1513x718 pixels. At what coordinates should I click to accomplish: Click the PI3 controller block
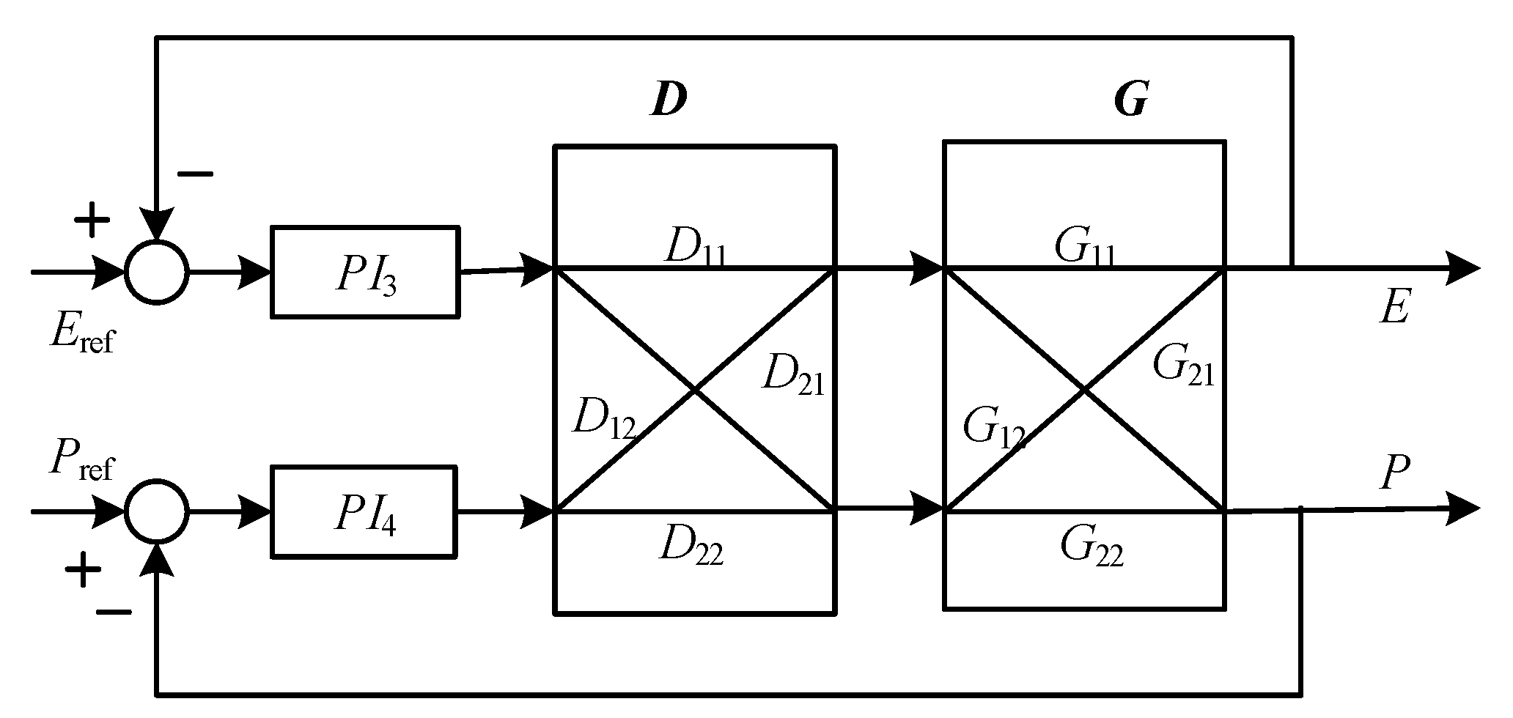click(x=365, y=273)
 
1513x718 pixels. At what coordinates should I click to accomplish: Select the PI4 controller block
click(x=365, y=511)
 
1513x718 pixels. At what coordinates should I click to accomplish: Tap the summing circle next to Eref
click(x=156, y=272)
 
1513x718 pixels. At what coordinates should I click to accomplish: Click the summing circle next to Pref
click(x=156, y=511)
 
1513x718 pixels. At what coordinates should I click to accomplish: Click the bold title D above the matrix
click(x=669, y=100)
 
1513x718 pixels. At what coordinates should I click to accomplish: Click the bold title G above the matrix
click(x=1130, y=100)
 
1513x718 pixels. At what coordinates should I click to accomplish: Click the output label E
click(x=1394, y=308)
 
